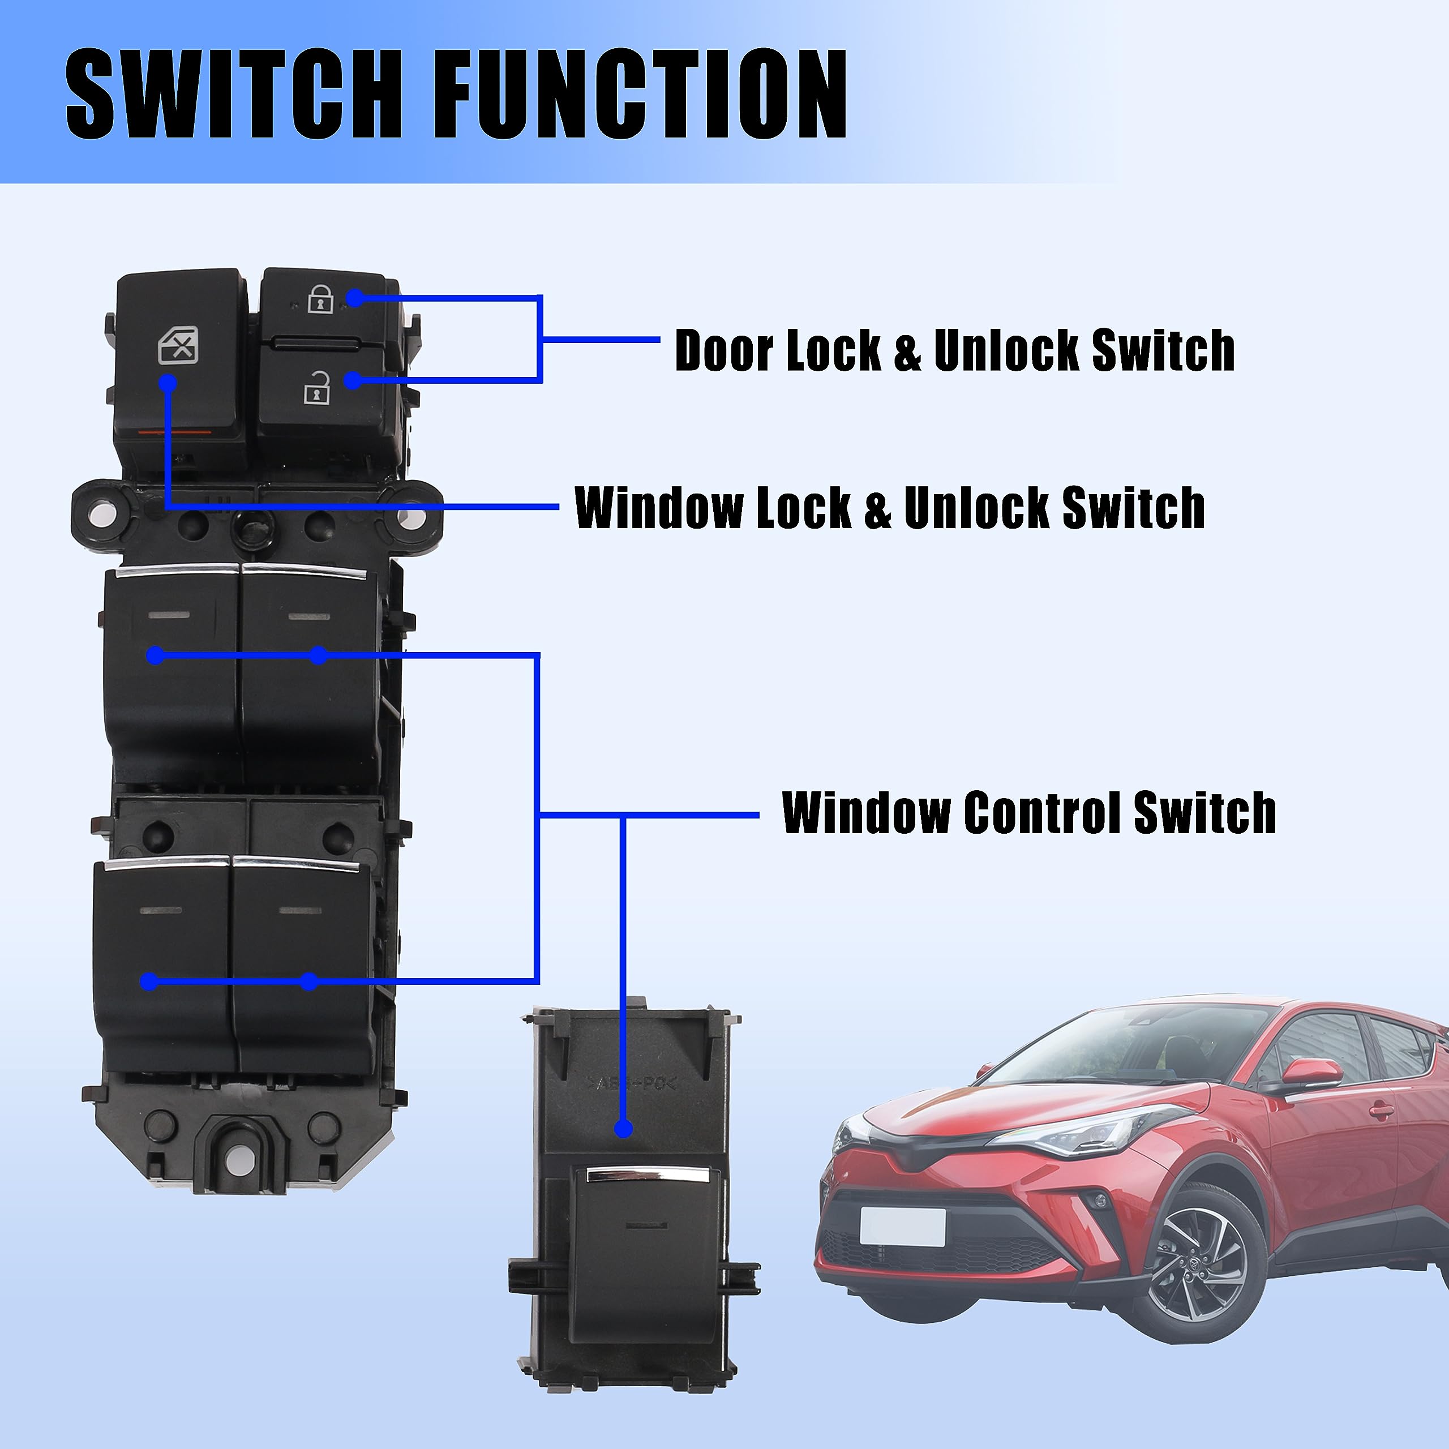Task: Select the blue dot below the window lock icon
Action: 168,383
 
